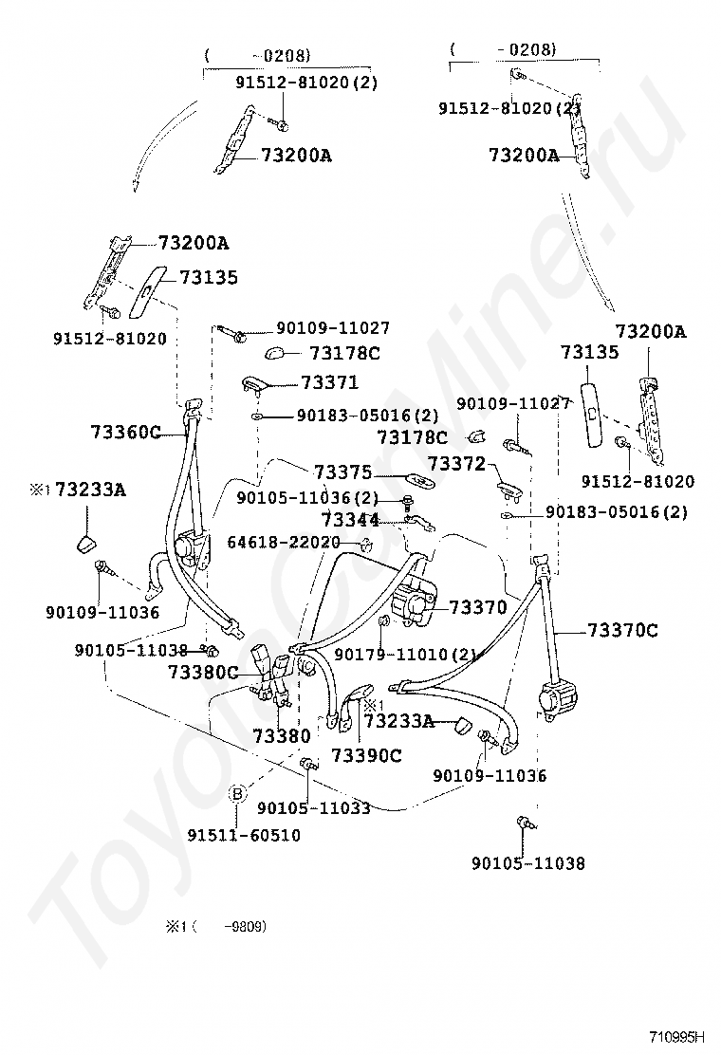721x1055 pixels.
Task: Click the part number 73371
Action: click(x=329, y=382)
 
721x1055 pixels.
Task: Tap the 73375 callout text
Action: click(x=342, y=472)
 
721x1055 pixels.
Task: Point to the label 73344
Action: click(x=350, y=520)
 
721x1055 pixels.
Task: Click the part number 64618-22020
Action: click(x=283, y=542)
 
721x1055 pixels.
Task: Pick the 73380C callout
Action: click(x=203, y=672)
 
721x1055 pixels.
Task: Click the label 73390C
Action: click(x=366, y=755)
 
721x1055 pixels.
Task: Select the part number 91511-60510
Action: click(x=243, y=835)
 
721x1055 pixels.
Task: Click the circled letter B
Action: click(x=238, y=793)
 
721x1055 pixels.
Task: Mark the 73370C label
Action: click(x=622, y=630)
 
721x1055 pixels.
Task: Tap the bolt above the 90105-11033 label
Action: click(x=308, y=764)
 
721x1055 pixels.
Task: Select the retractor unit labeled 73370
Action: click(x=414, y=605)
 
